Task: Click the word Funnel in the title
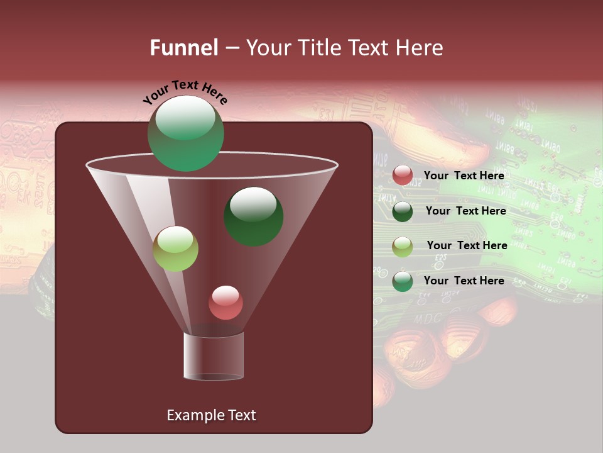click(x=183, y=47)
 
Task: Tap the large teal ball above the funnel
click(x=186, y=133)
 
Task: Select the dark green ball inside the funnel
click(x=253, y=216)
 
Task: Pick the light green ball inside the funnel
click(x=175, y=249)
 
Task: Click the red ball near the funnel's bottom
click(x=225, y=303)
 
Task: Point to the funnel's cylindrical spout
click(x=214, y=357)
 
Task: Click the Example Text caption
click(x=211, y=415)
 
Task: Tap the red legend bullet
click(x=403, y=176)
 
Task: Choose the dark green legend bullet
click(x=403, y=211)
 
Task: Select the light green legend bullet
click(x=403, y=247)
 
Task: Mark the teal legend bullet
click(x=403, y=281)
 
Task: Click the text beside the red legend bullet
click(x=464, y=176)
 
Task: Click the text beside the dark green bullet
click(x=465, y=211)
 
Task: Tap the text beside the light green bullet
click(x=467, y=245)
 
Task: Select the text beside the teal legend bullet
click(x=464, y=281)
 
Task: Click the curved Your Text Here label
click(x=185, y=92)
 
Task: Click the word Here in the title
click(x=420, y=47)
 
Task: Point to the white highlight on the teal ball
click(x=185, y=117)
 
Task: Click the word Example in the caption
click(x=191, y=415)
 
